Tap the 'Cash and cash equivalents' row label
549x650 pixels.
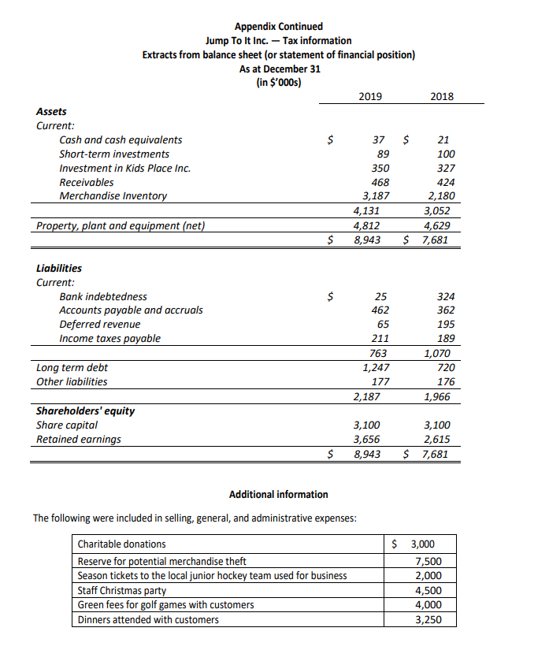[121, 139]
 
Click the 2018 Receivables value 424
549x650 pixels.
[446, 182]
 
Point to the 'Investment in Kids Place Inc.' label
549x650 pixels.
[124, 168]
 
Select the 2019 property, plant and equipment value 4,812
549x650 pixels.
[375, 226]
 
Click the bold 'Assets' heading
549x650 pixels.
[52, 111]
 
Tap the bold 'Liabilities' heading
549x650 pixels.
[59, 268]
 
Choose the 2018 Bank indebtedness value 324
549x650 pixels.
[446, 296]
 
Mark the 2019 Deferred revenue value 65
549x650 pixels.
[382, 325]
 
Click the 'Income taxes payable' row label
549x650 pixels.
[109, 339]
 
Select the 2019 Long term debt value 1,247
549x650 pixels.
[375, 368]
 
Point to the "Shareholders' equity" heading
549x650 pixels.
[86, 410]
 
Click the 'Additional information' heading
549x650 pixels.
[278, 495]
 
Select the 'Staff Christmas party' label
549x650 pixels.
[121, 590]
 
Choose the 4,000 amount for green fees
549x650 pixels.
[428, 605]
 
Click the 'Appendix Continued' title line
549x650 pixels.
[278, 27]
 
